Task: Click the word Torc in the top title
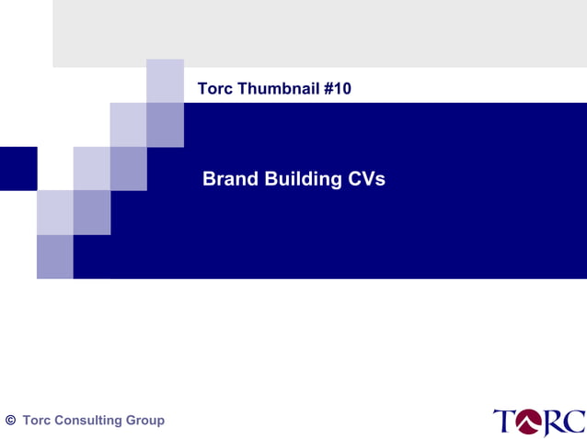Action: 214,89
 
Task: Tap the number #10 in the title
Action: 338,89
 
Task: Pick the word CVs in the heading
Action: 367,179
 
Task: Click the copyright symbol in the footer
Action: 10,421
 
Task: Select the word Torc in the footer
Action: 37,421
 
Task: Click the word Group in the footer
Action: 145,421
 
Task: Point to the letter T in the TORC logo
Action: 505,422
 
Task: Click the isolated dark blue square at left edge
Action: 17,168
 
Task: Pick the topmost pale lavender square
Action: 165,80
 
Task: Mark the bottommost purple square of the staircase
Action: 54,256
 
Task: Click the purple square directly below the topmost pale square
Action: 165,124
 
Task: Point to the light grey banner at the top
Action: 319,33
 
